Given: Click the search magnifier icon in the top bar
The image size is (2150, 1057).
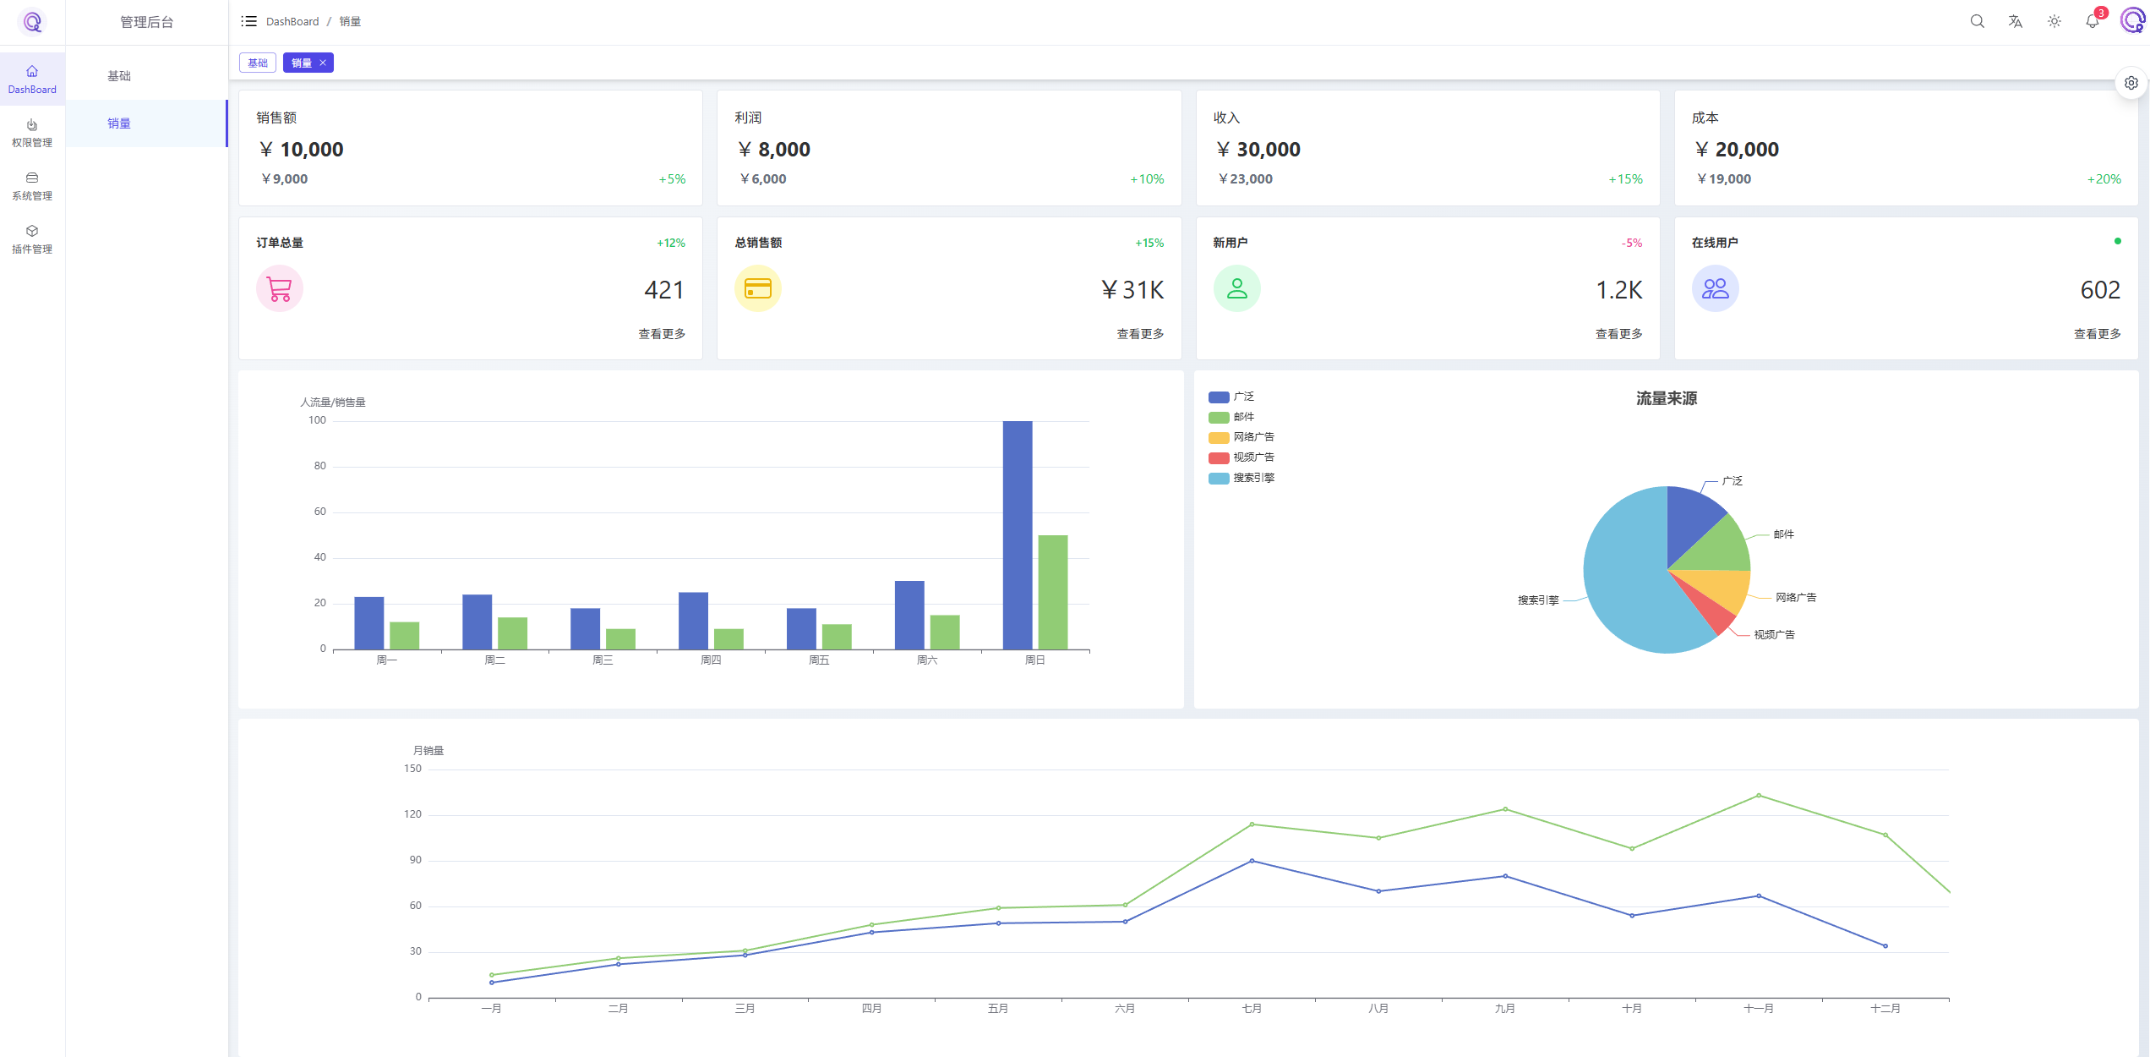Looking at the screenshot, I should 1977,21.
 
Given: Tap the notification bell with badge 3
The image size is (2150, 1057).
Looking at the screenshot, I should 2093,21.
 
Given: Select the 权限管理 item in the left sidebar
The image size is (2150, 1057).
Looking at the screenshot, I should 32,133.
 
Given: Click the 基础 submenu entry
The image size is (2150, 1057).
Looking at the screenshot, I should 119,76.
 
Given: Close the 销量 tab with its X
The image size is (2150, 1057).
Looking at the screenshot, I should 323,63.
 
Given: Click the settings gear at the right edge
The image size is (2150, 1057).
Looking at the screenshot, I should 2131,83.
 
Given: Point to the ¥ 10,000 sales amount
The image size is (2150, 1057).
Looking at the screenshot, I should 302,150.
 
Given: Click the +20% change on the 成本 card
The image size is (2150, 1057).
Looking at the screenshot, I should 2104,179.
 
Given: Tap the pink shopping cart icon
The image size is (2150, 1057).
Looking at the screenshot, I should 280,289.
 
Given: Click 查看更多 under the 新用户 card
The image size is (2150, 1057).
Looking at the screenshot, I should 1618,334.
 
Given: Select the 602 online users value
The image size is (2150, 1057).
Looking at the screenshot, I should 2100,290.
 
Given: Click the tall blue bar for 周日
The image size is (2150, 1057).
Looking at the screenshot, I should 1018,534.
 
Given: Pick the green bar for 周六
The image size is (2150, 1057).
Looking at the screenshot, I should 945,632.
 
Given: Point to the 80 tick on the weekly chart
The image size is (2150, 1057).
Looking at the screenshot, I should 319,466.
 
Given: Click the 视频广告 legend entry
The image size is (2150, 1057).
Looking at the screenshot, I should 1242,457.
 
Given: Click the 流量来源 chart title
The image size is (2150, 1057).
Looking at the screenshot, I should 1666,398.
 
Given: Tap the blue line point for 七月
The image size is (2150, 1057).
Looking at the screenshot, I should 1252,861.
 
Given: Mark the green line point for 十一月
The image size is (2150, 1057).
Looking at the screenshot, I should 1759,795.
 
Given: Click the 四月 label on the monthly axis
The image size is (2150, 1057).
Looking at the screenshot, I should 871,1008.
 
